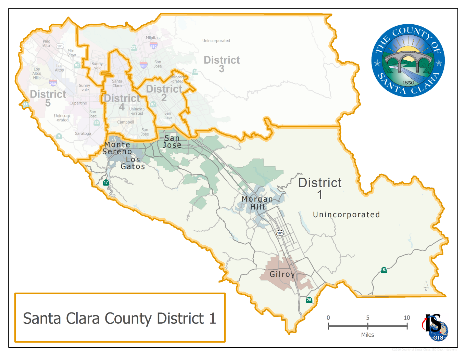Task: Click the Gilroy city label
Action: click(282, 274)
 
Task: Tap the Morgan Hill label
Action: click(257, 203)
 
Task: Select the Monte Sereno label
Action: click(117, 148)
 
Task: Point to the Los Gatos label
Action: click(133, 163)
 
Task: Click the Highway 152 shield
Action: click(384, 270)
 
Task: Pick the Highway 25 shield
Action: click(309, 300)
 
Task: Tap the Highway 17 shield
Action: click(106, 182)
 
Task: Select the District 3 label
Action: click(222, 64)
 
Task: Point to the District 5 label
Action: click(48, 98)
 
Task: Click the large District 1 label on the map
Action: click(320, 188)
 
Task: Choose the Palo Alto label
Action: click(47, 43)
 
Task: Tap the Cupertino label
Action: click(78, 103)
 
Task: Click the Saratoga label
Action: click(83, 133)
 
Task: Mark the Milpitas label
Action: click(152, 38)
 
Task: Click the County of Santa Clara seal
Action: click(408, 61)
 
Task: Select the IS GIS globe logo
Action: click(435, 327)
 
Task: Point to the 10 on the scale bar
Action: click(407, 318)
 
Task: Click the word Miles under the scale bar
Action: click(367, 335)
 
